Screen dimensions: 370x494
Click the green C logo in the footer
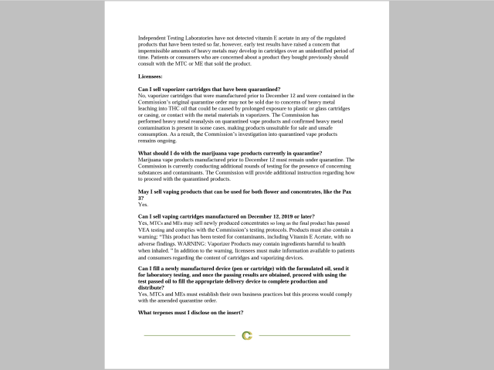247,335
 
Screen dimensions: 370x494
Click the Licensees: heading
151,76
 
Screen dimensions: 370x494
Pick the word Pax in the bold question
349,190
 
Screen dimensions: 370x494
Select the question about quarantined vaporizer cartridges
208,90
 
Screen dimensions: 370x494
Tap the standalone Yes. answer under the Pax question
143,204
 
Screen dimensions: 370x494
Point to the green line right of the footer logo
304,335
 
